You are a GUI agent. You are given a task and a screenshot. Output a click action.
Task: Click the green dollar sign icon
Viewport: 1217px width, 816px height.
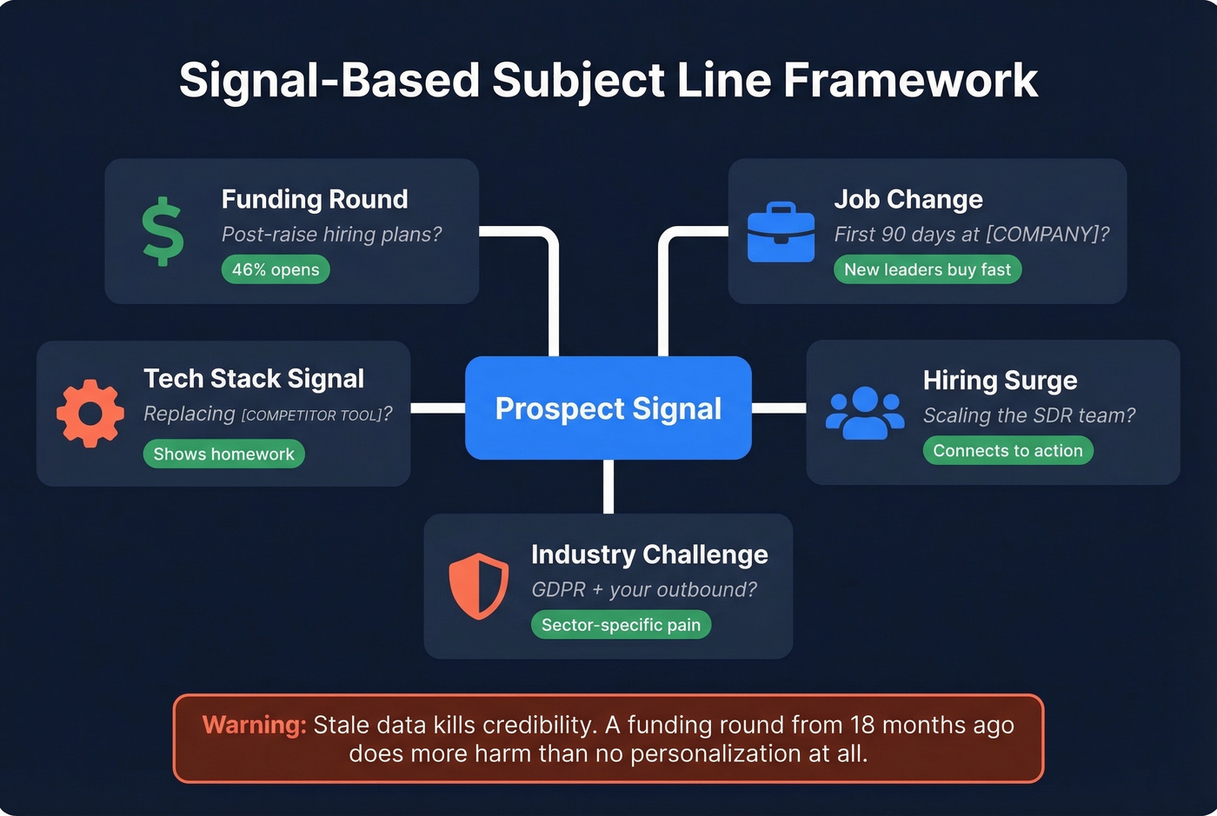tap(163, 232)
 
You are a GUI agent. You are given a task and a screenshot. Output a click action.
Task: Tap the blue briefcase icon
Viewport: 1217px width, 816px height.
tap(781, 233)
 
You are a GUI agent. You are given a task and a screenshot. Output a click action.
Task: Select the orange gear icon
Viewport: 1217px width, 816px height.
tap(90, 414)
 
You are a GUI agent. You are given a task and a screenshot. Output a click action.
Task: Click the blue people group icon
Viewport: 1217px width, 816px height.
tap(865, 413)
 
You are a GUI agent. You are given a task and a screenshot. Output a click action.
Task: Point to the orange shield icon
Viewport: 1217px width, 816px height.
tap(478, 587)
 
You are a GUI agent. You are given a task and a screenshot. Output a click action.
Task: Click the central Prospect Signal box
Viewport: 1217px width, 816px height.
tap(608, 408)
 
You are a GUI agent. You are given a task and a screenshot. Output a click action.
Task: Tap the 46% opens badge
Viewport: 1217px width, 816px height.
tap(276, 269)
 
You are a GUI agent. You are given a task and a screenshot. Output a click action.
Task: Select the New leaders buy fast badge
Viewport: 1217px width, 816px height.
tap(928, 269)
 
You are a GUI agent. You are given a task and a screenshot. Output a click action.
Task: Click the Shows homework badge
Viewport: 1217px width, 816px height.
tap(223, 454)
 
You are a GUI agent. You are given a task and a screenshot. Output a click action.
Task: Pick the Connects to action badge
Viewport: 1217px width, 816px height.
tap(1008, 450)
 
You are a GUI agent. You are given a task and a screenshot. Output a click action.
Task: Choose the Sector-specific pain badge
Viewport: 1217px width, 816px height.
tap(621, 625)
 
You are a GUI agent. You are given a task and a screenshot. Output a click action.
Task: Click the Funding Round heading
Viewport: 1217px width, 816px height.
tap(315, 199)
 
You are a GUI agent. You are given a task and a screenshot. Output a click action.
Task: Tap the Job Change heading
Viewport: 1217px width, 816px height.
tap(908, 199)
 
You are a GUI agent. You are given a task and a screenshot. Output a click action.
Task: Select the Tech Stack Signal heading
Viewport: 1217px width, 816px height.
tap(254, 379)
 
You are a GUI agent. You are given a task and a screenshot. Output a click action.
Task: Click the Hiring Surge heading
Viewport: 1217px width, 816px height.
tap(1000, 381)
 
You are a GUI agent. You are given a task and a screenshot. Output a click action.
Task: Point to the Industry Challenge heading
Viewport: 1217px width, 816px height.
tap(649, 554)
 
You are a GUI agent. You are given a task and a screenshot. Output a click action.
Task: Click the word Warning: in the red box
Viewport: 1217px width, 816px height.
tap(254, 725)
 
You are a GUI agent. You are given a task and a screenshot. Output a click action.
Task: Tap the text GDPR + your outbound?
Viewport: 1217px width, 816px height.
tap(644, 589)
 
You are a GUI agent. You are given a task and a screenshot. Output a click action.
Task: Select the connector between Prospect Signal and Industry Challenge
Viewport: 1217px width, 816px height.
tap(608, 487)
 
